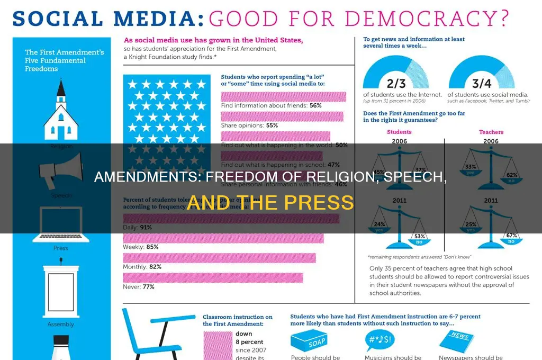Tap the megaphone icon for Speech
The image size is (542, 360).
(60, 169)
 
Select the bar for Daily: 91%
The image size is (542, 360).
(231, 218)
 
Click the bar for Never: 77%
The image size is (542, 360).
(213, 277)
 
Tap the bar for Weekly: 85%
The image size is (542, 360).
(223, 238)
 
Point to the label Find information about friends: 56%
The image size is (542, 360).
(271, 105)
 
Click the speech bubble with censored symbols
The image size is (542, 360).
(382, 339)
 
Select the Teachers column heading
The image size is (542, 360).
(491, 132)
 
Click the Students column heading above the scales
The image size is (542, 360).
(399, 132)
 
